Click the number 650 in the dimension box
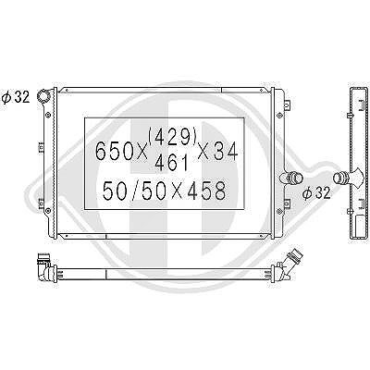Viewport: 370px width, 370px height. click(114, 151)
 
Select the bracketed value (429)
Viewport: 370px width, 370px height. click(173, 136)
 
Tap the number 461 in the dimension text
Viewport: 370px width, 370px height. click(171, 163)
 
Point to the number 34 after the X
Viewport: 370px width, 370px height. click(226, 151)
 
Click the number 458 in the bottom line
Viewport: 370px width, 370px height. click(206, 191)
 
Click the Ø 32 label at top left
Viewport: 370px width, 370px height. click(16, 97)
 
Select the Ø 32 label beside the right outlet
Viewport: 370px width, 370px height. click(316, 193)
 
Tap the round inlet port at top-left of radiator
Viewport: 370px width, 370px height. click(43, 95)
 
